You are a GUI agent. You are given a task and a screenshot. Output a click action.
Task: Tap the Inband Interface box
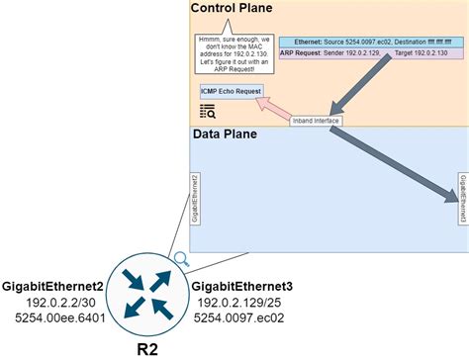(x=316, y=121)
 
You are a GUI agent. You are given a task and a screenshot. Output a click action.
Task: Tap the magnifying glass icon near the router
(x=182, y=260)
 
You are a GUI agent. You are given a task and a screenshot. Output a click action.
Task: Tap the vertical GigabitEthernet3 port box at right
(x=462, y=188)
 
